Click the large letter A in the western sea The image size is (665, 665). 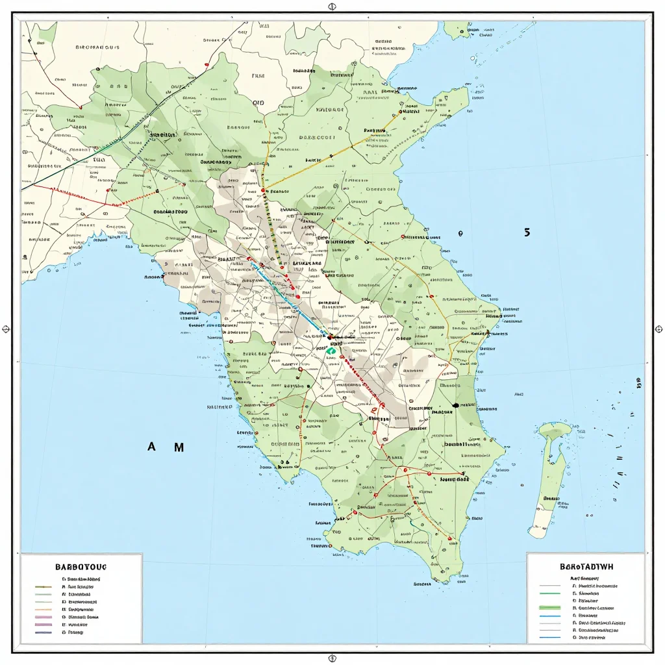[152, 447]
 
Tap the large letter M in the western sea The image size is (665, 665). [178, 447]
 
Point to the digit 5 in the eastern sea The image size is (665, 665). [527, 232]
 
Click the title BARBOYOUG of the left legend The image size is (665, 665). [81, 565]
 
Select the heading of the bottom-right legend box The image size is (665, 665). [586, 566]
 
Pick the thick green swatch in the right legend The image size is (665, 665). [550, 608]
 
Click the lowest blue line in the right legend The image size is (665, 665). [550, 637]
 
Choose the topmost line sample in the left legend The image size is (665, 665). [44, 585]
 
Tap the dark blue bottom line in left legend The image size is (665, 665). [44, 631]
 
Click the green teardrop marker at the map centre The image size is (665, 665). [331, 350]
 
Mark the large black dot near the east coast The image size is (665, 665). [455, 405]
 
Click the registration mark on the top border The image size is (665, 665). [332, 7]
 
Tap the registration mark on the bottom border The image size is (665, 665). [332, 657]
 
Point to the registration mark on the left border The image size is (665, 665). [6, 329]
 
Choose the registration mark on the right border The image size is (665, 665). [659, 329]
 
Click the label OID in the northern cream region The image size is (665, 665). [258, 103]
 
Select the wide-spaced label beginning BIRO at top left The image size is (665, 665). [97, 47]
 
